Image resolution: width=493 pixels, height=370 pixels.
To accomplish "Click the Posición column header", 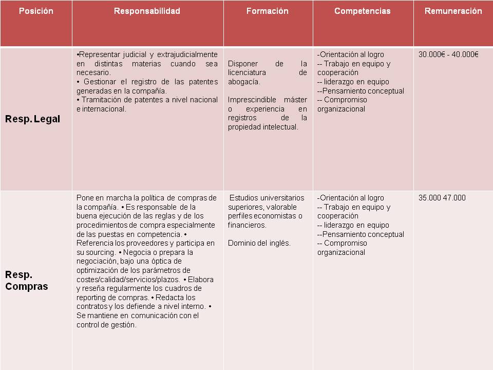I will pos(36,11).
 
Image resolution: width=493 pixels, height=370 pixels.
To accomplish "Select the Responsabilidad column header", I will pos(147,11).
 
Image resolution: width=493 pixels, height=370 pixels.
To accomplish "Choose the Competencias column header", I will pos(362,11).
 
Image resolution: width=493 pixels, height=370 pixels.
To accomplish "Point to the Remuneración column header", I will pos(453,11).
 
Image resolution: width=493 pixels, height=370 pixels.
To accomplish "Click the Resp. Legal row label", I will pos(32,119).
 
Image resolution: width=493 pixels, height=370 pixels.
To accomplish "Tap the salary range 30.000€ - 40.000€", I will pos(448,54).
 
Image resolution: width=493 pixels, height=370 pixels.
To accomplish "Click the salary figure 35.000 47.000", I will pos(442,198).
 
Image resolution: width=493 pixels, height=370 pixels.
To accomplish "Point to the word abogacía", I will pos(244,82).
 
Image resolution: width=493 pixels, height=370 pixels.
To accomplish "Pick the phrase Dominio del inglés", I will pos(259,243).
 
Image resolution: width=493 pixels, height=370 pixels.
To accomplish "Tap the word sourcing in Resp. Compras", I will pos(100,252).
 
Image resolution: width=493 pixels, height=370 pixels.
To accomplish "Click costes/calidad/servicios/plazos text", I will pos(128,280).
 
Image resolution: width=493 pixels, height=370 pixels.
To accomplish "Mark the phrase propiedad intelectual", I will pos(263,127).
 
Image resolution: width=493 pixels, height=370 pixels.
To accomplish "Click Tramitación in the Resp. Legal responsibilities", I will pos(100,100).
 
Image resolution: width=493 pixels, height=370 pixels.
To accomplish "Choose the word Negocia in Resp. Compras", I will pos(137,252).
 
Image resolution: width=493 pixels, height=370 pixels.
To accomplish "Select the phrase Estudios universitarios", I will pos(267,198).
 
